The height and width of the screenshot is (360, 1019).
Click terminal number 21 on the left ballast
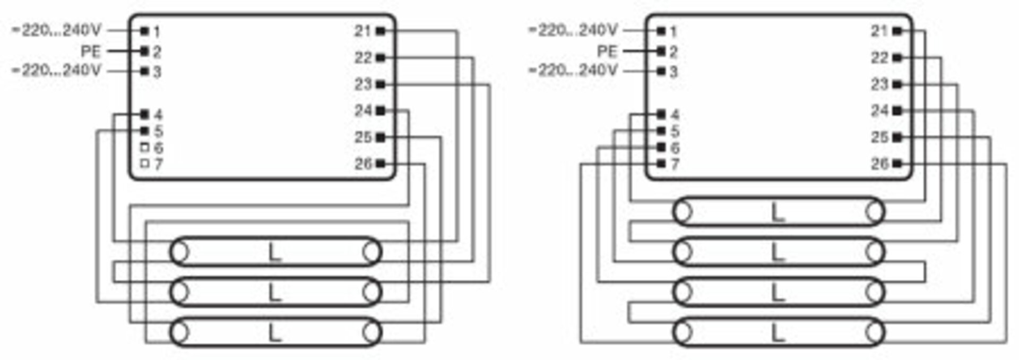[362, 31]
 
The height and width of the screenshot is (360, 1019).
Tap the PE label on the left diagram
[90, 52]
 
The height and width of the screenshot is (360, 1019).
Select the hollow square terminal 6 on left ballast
[144, 148]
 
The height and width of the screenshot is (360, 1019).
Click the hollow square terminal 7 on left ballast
[144, 164]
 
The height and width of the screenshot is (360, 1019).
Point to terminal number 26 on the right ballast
[879, 164]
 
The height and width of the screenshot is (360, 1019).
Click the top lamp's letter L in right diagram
[778, 212]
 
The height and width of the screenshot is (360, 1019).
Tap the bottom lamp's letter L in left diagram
[274, 332]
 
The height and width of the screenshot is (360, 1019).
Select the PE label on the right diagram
[607, 52]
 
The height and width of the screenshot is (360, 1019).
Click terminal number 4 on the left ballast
[158, 115]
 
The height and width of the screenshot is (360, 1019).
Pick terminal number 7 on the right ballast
[675, 164]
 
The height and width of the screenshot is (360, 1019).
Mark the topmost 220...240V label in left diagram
[56, 30]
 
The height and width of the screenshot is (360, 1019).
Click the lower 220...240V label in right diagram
[573, 70]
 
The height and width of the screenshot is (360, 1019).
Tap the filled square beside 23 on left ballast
[381, 84]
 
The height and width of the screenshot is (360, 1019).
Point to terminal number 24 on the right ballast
[879, 110]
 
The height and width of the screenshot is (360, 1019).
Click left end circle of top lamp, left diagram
[180, 252]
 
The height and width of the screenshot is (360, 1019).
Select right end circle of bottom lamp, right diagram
[875, 332]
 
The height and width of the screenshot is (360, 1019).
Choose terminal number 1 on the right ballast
[673, 32]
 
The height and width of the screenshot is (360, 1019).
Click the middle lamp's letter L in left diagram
[274, 292]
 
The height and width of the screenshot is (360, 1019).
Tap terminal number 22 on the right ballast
[879, 57]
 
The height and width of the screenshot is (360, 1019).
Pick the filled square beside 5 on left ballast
[144, 131]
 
